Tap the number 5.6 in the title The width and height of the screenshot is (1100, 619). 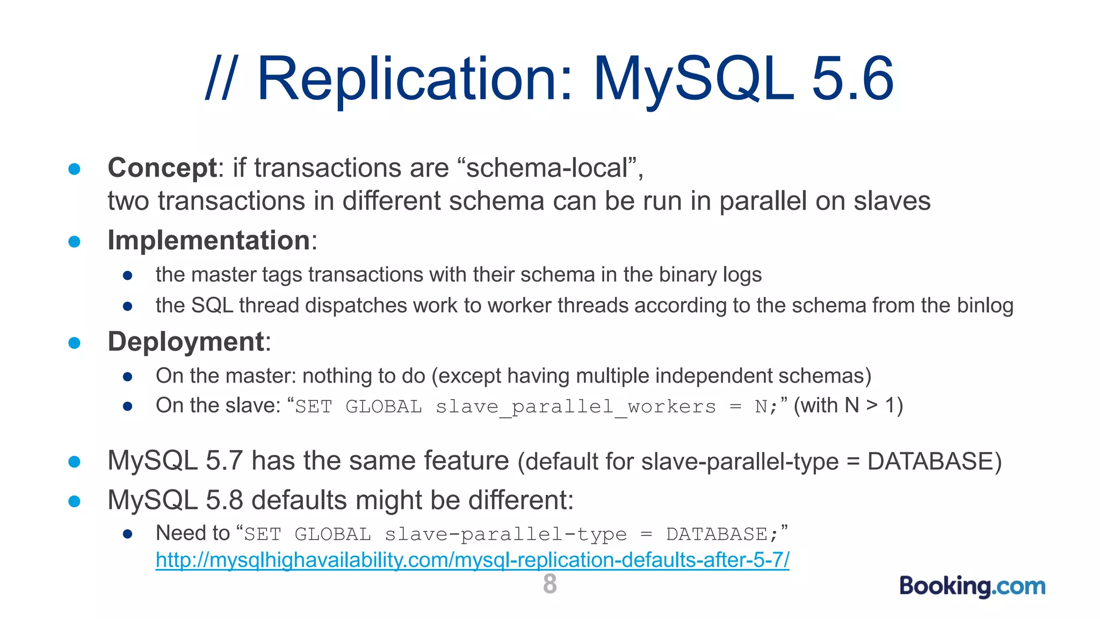[x=852, y=79]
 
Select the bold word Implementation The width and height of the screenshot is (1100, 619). [x=209, y=240]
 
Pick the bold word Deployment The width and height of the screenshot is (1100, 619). [x=186, y=342]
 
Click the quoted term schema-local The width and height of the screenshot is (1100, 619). [x=547, y=168]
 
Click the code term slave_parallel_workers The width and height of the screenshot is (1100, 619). [x=575, y=407]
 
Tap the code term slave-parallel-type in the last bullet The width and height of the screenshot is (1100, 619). [x=505, y=534]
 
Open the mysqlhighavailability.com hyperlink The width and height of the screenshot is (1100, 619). [x=472, y=560]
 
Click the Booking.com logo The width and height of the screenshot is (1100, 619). [x=972, y=586]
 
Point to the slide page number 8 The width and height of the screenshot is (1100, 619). [x=550, y=584]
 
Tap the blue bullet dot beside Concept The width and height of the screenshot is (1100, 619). [x=75, y=169]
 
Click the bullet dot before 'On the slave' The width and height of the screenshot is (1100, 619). [x=127, y=407]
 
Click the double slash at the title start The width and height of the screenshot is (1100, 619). [x=220, y=79]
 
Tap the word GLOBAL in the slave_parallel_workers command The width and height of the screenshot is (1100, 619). [x=383, y=407]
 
